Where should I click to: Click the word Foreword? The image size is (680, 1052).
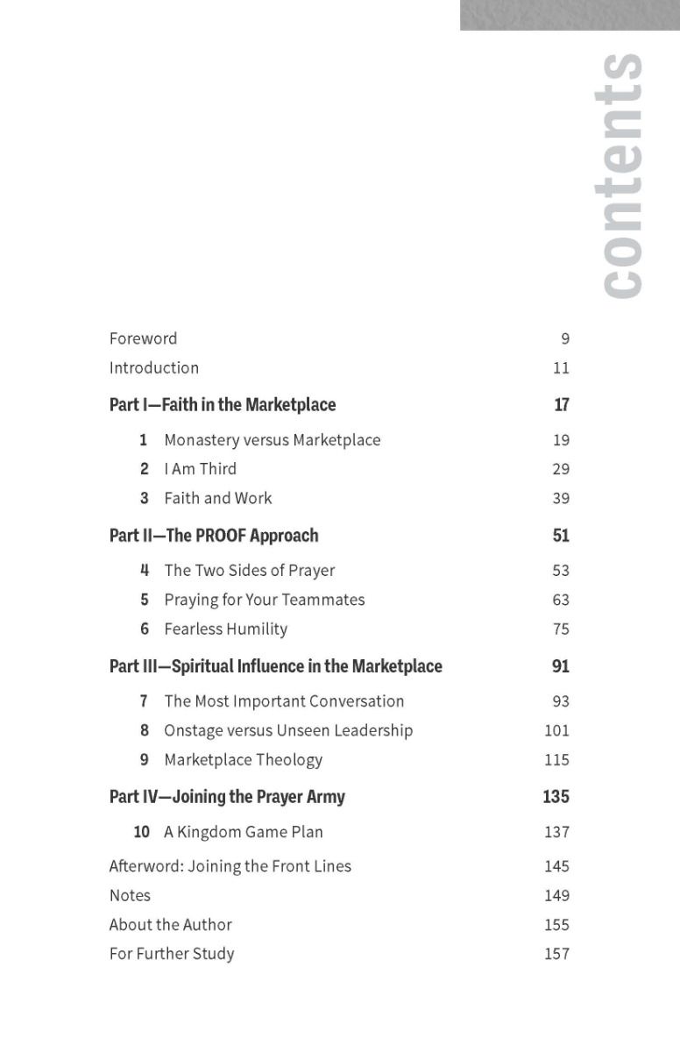pos(143,338)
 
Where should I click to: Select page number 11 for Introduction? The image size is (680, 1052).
pos(561,368)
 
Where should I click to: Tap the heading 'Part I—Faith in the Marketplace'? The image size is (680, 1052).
pos(223,405)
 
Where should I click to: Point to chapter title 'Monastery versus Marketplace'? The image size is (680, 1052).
pos(272,440)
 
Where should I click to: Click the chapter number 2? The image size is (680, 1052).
pos(145,469)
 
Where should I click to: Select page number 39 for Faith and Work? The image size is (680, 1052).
pos(561,499)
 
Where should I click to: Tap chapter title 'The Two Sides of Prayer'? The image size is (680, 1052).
pos(249,571)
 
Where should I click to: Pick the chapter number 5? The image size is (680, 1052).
pos(145,601)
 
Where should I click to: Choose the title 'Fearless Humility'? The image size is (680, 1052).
pos(225,629)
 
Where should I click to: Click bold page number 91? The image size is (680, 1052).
pos(560,666)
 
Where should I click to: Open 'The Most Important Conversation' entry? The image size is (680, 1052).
pos(284,701)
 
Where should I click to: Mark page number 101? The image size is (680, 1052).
pos(556,731)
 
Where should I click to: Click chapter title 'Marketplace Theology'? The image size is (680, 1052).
pos(243,760)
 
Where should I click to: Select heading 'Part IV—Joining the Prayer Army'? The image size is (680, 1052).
pos(227,797)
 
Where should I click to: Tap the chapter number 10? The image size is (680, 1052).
pos(141,832)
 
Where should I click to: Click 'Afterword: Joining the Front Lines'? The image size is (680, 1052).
pos(230,866)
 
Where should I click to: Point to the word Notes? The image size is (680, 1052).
pos(130,896)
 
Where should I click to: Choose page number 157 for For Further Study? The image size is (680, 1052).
pos(556,954)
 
